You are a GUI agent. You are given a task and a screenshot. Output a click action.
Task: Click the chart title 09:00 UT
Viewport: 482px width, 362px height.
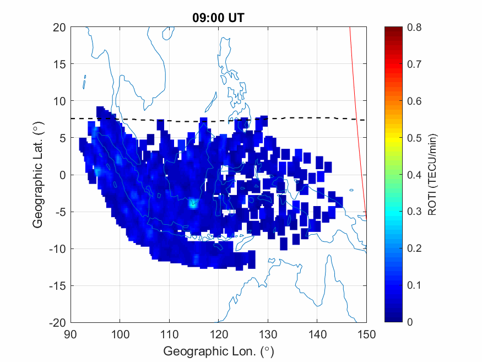point(218,18)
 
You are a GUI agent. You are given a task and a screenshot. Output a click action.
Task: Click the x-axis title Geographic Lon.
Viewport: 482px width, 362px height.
point(218,351)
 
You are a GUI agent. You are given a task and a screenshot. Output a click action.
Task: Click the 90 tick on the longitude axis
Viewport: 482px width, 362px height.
point(70,334)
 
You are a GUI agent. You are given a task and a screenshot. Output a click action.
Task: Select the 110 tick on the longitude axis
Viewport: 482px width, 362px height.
point(169,334)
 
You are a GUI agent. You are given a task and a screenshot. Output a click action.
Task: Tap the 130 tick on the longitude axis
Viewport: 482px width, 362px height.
point(268,334)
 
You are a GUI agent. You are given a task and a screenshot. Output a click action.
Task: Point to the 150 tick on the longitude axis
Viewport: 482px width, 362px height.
point(366,334)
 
